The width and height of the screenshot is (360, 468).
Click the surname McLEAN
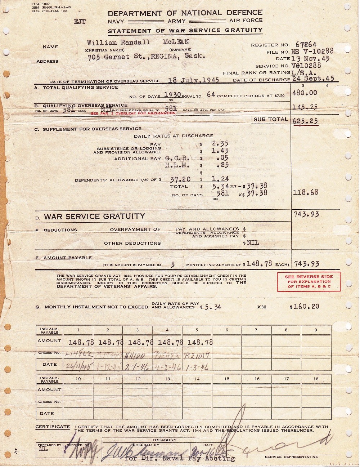[176, 42]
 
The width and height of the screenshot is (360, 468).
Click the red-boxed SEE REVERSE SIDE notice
[309, 281]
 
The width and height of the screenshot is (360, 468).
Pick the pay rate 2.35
[221, 144]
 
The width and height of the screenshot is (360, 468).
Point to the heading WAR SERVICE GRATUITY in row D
[94, 216]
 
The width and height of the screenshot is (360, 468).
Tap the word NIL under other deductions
[253, 243]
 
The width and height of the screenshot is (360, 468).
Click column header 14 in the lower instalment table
[197, 379]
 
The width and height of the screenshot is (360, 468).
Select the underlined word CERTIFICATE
[53, 427]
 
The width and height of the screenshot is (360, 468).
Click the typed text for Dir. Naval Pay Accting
[180, 459]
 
